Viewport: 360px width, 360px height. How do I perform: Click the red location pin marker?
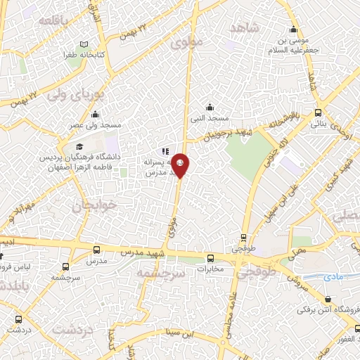(181, 165)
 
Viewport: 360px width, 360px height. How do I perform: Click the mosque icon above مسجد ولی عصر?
(95, 115)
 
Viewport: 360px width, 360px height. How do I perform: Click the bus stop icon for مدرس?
(97, 250)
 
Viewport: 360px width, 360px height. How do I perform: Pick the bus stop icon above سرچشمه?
(65, 267)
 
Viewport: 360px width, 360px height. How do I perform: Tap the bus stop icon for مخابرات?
(210, 257)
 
